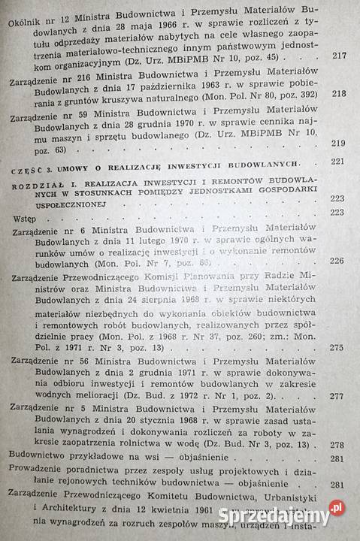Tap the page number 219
point(338,144)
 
